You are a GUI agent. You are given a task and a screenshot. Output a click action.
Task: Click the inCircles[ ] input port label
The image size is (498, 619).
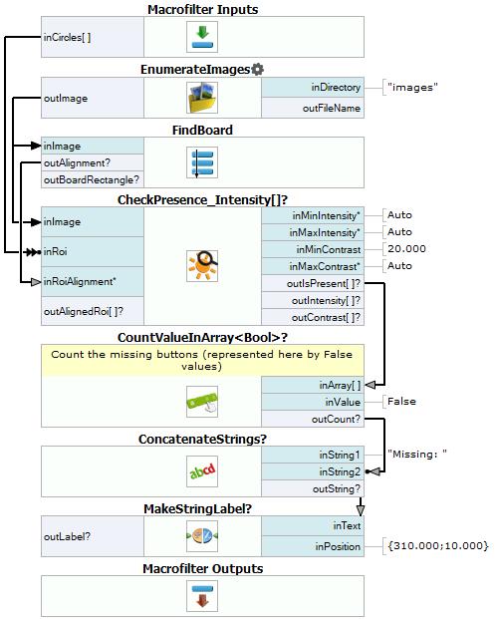pyautogui.click(x=67, y=38)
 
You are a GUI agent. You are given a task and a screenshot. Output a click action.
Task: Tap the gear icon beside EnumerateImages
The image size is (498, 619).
pyautogui.click(x=257, y=70)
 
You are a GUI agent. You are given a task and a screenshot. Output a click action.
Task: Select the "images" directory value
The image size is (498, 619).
pyautogui.click(x=412, y=88)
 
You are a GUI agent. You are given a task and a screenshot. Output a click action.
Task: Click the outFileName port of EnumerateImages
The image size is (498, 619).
pyautogui.click(x=332, y=109)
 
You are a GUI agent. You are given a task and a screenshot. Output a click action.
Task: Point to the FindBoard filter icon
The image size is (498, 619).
pyautogui.click(x=202, y=162)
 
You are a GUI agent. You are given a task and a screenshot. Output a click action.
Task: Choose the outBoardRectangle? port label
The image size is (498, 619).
pyautogui.click(x=92, y=180)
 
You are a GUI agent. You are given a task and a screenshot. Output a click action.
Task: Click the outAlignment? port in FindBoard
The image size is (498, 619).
pyautogui.click(x=77, y=163)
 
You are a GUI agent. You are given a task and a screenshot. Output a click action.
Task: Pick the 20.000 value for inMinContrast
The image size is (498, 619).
pyautogui.click(x=406, y=249)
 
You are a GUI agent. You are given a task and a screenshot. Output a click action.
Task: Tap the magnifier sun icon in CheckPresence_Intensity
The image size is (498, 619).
pyautogui.click(x=202, y=266)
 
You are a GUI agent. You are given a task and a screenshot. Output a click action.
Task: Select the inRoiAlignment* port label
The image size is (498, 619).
pyautogui.click(x=80, y=281)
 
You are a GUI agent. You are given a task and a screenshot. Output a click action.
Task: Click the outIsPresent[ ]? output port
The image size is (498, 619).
pyautogui.click(x=324, y=283)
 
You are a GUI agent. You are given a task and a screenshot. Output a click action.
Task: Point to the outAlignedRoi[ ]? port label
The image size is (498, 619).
pyautogui.click(x=84, y=311)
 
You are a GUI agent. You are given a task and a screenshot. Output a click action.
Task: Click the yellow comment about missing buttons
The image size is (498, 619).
pyautogui.click(x=202, y=360)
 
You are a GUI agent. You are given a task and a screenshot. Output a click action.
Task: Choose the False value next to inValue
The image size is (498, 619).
pyautogui.click(x=401, y=402)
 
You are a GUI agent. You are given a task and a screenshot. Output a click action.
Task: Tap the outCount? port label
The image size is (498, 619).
pyautogui.click(x=337, y=419)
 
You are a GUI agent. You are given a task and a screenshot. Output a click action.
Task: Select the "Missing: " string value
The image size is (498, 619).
pyautogui.click(x=417, y=454)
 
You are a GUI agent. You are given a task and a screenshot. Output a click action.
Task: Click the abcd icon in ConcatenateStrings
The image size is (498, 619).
pyautogui.click(x=202, y=471)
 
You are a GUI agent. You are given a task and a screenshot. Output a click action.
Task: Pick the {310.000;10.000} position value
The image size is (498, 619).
pyautogui.click(x=438, y=546)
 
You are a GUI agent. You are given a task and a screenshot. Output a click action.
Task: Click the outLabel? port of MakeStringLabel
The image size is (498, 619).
pyautogui.click(x=67, y=536)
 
